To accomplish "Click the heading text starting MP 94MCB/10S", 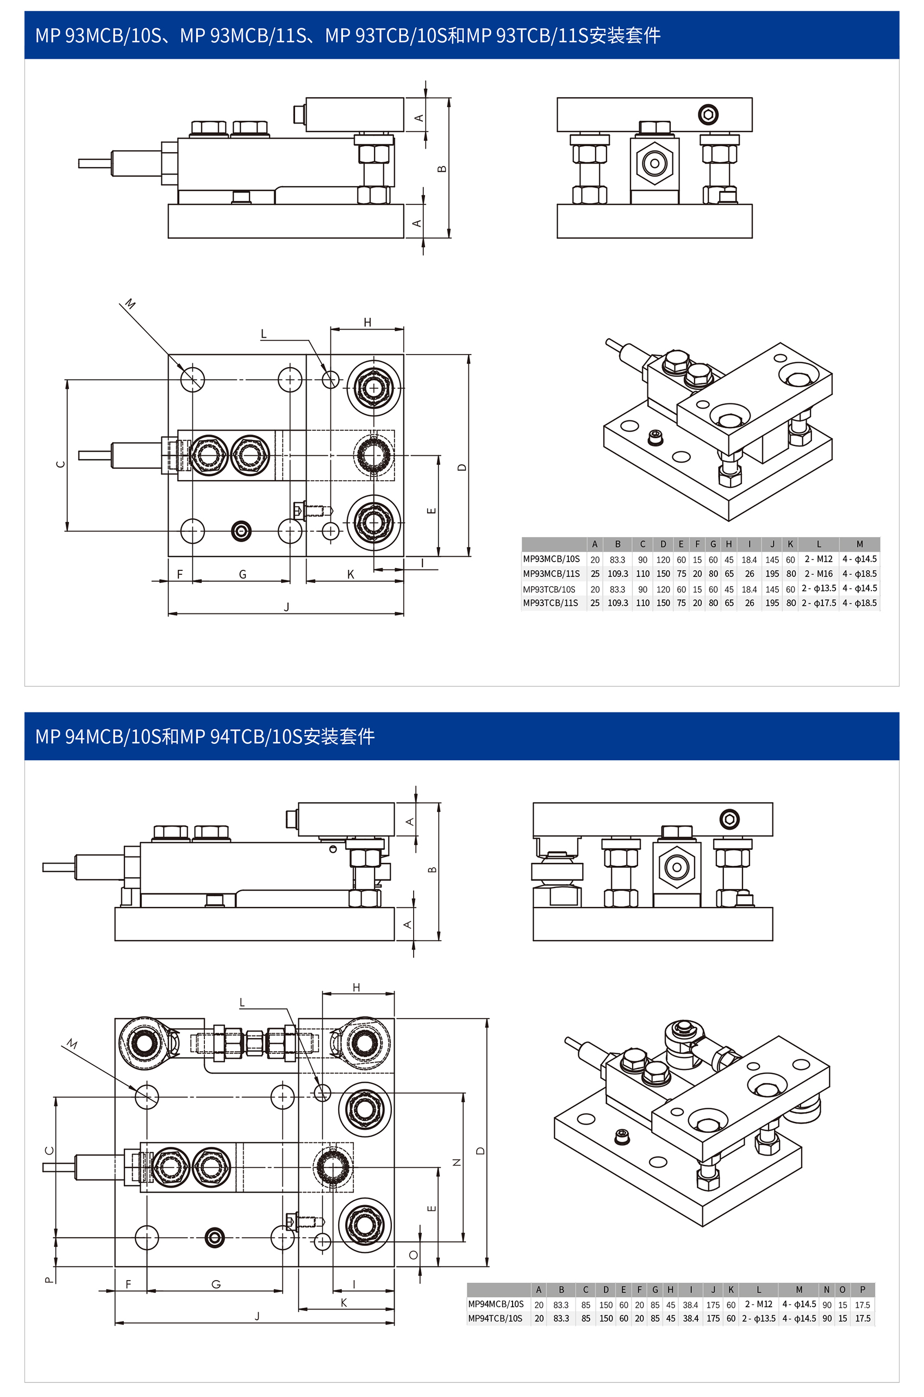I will point(204,736).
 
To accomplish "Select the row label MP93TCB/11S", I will point(551,603).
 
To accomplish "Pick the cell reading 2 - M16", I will point(819,574).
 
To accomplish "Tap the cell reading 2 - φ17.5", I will point(819,603).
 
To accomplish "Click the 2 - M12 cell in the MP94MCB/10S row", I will point(758,1304).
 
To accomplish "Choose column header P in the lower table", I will point(863,1290).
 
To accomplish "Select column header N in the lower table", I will point(827,1290).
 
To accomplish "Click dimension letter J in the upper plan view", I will point(286,606).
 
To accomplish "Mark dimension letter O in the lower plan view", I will point(413,1255).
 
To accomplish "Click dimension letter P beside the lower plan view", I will point(49,1280).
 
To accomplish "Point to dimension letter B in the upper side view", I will point(442,169).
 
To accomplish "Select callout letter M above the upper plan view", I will point(130,304).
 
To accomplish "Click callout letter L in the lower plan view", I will point(242,1003).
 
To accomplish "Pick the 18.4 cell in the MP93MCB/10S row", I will point(749,560).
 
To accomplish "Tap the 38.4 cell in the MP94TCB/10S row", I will point(690,1319).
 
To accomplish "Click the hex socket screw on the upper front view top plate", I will point(708,114).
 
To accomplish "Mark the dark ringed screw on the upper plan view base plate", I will point(241,531).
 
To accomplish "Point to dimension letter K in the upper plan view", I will point(351,574).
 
